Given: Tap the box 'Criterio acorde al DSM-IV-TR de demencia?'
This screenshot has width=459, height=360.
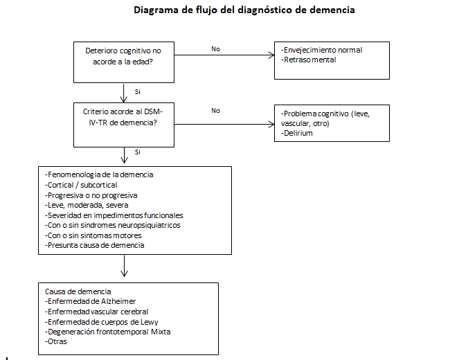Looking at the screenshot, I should (x=123, y=124).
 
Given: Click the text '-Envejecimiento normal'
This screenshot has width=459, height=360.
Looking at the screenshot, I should (x=323, y=50).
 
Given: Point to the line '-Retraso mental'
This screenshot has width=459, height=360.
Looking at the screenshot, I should (x=309, y=60).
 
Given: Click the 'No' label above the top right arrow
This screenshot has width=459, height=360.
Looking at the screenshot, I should (x=215, y=48).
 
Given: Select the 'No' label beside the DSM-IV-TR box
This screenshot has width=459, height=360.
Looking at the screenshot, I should (x=215, y=110).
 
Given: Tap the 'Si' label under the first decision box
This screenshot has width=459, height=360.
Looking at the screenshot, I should (x=138, y=91).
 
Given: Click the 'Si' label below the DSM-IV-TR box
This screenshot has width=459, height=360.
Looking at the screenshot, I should (x=138, y=152).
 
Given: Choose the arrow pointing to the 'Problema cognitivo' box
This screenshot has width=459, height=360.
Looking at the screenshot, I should (x=222, y=124).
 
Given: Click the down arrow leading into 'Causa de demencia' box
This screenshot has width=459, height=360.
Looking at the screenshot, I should (x=124, y=267).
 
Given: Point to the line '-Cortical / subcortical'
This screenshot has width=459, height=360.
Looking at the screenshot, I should (x=81, y=185).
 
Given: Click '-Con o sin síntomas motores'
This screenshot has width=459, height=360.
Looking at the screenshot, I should (x=93, y=235).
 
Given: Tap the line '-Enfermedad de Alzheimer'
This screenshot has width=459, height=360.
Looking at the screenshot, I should (x=90, y=301).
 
